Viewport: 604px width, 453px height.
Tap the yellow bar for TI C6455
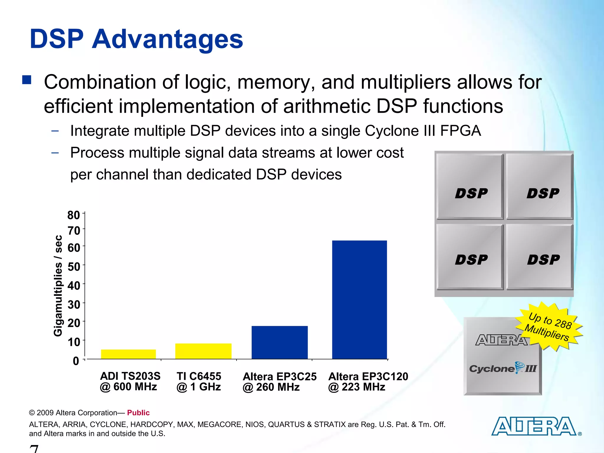point(203,351)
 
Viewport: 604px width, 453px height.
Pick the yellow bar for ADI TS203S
point(128,354)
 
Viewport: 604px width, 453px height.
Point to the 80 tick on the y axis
point(74,215)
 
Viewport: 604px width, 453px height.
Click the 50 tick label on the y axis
point(74,267)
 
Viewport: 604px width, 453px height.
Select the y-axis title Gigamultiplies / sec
point(58,285)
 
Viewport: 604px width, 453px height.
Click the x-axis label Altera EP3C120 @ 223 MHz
point(368,382)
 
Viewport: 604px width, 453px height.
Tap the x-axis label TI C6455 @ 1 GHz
point(199,381)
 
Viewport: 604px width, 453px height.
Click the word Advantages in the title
point(167,39)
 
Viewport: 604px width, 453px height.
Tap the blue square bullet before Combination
point(27,80)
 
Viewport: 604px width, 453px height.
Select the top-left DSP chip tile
point(470,186)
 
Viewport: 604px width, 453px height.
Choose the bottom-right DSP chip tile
point(540,257)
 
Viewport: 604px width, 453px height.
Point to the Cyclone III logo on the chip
point(503,368)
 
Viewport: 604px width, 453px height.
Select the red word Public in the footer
point(138,413)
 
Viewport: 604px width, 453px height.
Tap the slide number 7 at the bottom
point(34,449)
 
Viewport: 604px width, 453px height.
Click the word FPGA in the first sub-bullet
point(460,131)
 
